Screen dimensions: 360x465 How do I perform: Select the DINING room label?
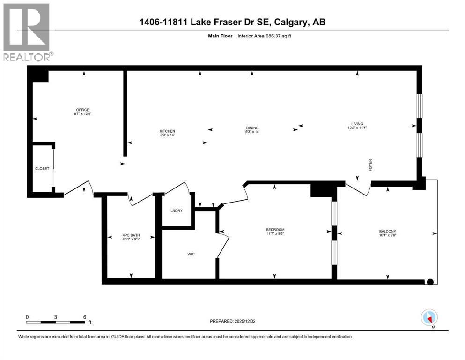252,127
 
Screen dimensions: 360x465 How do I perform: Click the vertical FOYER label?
370,165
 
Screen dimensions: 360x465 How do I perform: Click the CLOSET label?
42,169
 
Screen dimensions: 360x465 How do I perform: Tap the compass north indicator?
429,318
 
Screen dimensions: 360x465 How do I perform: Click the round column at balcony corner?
429,282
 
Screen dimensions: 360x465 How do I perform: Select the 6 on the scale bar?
84,316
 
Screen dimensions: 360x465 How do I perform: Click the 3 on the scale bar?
56,316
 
